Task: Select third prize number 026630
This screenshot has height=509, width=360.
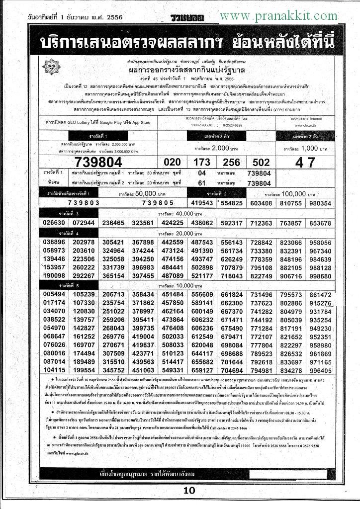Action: (x=55, y=223)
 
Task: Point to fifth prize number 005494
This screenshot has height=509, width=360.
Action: (x=55, y=295)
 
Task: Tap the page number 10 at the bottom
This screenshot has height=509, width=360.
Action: (x=189, y=491)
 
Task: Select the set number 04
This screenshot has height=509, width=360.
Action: (x=201, y=173)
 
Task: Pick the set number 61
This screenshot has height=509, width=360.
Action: (x=201, y=183)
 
